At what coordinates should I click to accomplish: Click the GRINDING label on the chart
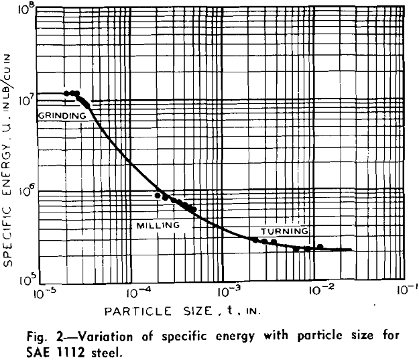[61, 115]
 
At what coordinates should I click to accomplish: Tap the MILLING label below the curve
[158, 225]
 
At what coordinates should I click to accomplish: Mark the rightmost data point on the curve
[320, 247]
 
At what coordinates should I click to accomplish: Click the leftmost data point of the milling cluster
[158, 196]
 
